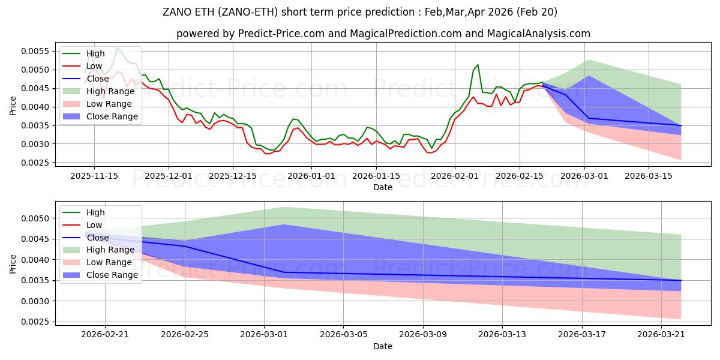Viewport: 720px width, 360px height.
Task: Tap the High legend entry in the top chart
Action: tap(96, 53)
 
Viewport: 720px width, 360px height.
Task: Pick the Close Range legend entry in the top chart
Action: tap(112, 116)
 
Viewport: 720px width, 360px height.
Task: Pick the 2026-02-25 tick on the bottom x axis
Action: tap(185, 334)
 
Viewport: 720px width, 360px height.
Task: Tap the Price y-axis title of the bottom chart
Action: tap(13, 264)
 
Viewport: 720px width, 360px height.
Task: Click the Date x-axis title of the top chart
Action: tap(383, 187)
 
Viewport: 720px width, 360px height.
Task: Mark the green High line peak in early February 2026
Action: tap(478, 65)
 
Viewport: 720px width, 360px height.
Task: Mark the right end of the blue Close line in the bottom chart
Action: tap(681, 280)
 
